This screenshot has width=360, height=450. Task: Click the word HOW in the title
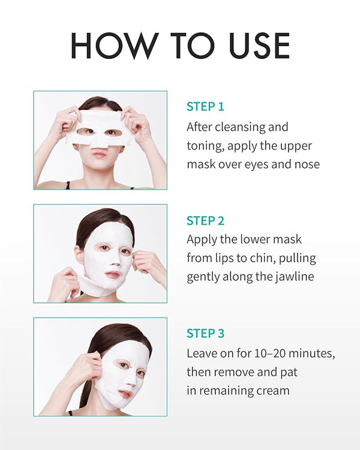[115, 46]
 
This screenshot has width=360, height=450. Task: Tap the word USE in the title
[260, 46]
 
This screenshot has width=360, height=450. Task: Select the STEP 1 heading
[205, 106]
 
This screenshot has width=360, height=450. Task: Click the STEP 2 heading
[205, 221]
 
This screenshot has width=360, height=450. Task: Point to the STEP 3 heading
[205, 334]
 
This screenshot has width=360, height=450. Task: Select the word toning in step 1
[205, 146]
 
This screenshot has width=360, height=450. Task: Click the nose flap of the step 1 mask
[100, 143]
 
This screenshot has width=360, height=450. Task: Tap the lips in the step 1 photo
[99, 154]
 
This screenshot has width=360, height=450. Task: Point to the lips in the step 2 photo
[113, 275]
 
